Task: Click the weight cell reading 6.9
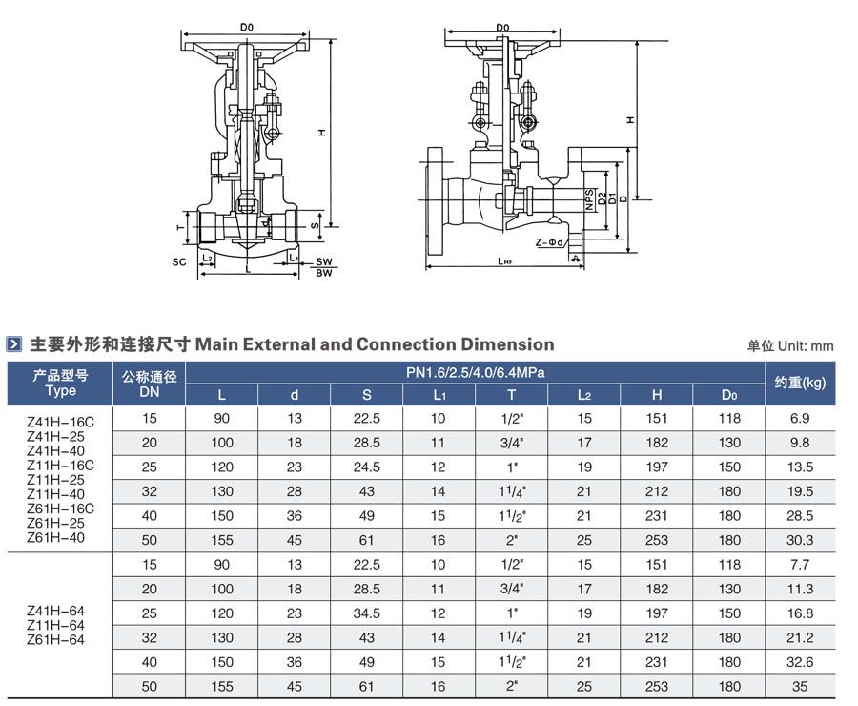coord(800,419)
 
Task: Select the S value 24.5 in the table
coord(367,467)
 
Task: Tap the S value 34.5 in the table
coord(367,613)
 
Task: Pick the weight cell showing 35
coord(800,686)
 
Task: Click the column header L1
coord(439,395)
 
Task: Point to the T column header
coord(512,395)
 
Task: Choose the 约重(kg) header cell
coord(800,383)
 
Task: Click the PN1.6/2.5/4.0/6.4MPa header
coord(475,373)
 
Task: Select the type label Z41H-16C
coord(60,422)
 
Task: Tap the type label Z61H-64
coord(55,640)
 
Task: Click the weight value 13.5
coord(800,467)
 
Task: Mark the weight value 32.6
coord(800,662)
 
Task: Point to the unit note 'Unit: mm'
coord(806,346)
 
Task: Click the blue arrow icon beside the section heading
coord(13,344)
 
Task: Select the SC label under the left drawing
coord(179,261)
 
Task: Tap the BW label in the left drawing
coord(324,273)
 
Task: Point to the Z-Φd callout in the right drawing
coord(549,242)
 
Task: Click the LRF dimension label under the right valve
coord(505,261)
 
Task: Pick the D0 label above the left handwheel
coord(247,27)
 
